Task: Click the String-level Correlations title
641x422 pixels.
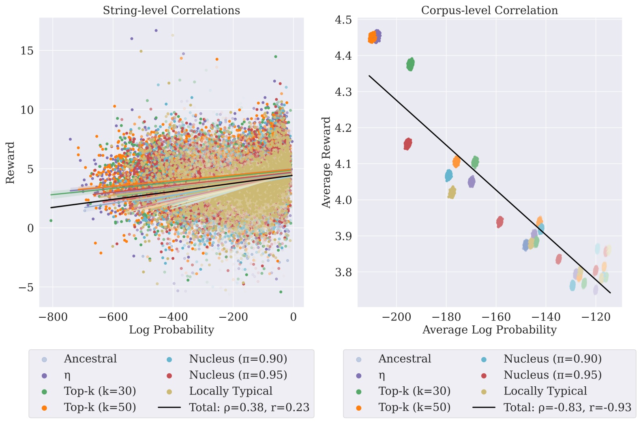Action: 171,10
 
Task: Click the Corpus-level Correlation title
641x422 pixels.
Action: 489,10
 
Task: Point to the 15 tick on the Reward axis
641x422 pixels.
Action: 27,51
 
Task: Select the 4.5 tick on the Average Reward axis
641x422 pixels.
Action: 343,20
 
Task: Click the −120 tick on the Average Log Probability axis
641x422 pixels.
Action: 596,317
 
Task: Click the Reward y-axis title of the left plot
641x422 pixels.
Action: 10,162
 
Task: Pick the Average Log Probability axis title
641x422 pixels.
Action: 489,330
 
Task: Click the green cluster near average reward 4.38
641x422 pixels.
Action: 410,64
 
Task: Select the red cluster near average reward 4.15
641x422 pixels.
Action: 408,144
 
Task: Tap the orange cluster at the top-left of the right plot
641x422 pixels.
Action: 372,37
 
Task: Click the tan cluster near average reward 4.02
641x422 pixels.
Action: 452,192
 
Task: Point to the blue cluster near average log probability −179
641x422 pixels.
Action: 449,175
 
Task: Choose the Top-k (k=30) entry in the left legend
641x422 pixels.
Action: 100,391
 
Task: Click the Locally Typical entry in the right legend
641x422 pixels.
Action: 545,391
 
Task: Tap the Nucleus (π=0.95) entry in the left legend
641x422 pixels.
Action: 238,375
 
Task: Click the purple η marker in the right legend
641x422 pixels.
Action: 359,375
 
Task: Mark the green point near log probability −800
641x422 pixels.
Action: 51,221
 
